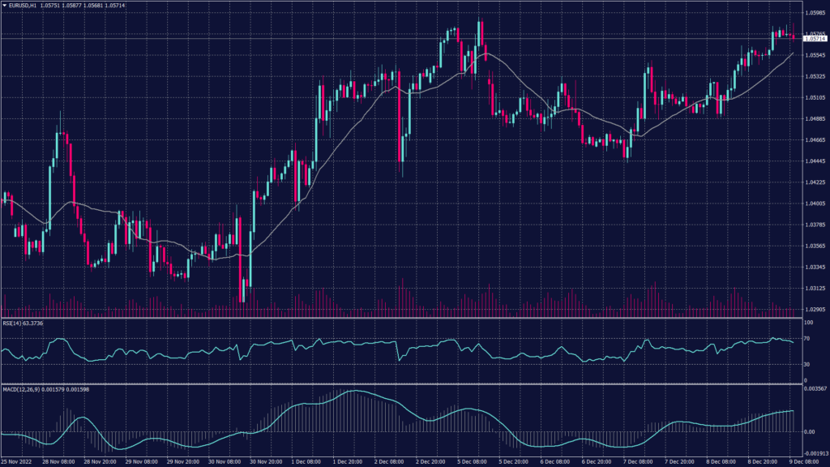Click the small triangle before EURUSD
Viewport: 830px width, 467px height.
(4, 6)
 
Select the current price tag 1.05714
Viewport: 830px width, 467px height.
(815, 38)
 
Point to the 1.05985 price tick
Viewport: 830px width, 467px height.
(815, 13)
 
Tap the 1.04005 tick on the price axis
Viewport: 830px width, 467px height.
(815, 204)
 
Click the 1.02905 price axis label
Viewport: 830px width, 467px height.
(815, 309)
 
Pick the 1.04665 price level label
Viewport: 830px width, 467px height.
(815, 140)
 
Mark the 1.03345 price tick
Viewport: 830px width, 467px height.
(815, 267)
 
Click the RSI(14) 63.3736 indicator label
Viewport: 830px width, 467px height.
(23, 323)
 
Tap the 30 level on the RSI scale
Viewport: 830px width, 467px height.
(807, 364)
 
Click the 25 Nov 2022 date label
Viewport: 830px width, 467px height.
(18, 461)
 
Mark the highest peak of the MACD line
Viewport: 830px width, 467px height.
(353, 392)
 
